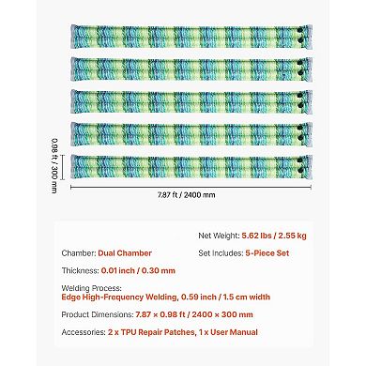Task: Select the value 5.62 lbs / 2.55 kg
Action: point(292,237)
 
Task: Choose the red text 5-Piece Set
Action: point(277,252)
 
